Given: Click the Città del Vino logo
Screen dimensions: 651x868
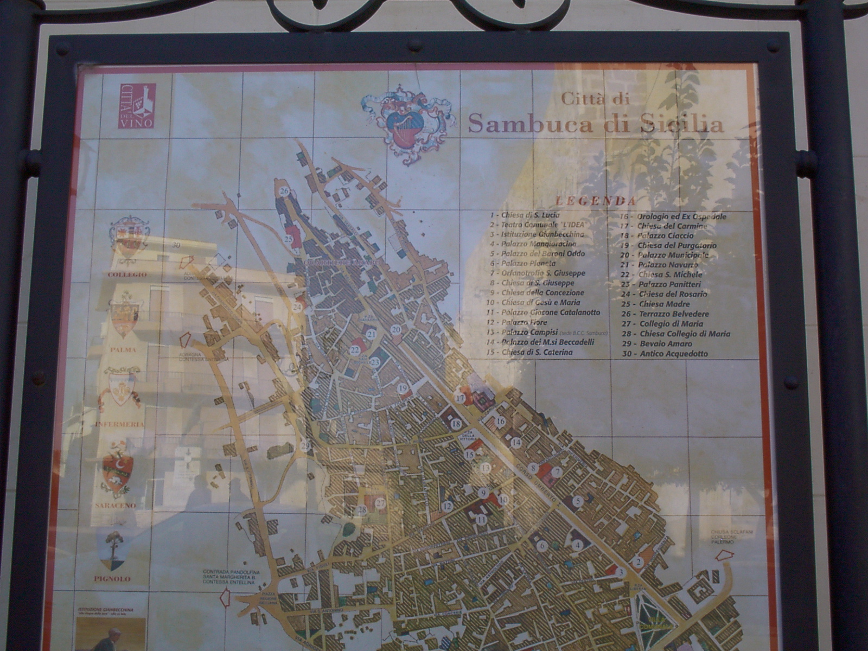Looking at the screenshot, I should tap(137, 106).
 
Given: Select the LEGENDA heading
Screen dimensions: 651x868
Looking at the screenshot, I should tap(596, 200).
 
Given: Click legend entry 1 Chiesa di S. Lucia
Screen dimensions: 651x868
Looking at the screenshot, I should tap(524, 215).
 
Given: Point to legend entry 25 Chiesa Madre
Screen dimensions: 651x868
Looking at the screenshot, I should tap(655, 304).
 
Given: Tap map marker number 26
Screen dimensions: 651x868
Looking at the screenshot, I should tap(284, 191).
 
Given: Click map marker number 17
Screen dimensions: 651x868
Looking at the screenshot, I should tap(461, 398).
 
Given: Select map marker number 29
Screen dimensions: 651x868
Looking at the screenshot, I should tap(305, 446).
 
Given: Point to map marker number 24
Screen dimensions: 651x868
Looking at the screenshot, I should tap(297, 307).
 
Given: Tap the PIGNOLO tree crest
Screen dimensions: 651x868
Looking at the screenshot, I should tap(113, 549).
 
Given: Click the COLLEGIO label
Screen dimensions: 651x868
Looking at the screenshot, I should tap(127, 275).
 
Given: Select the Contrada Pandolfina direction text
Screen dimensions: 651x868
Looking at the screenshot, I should tap(231, 577).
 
